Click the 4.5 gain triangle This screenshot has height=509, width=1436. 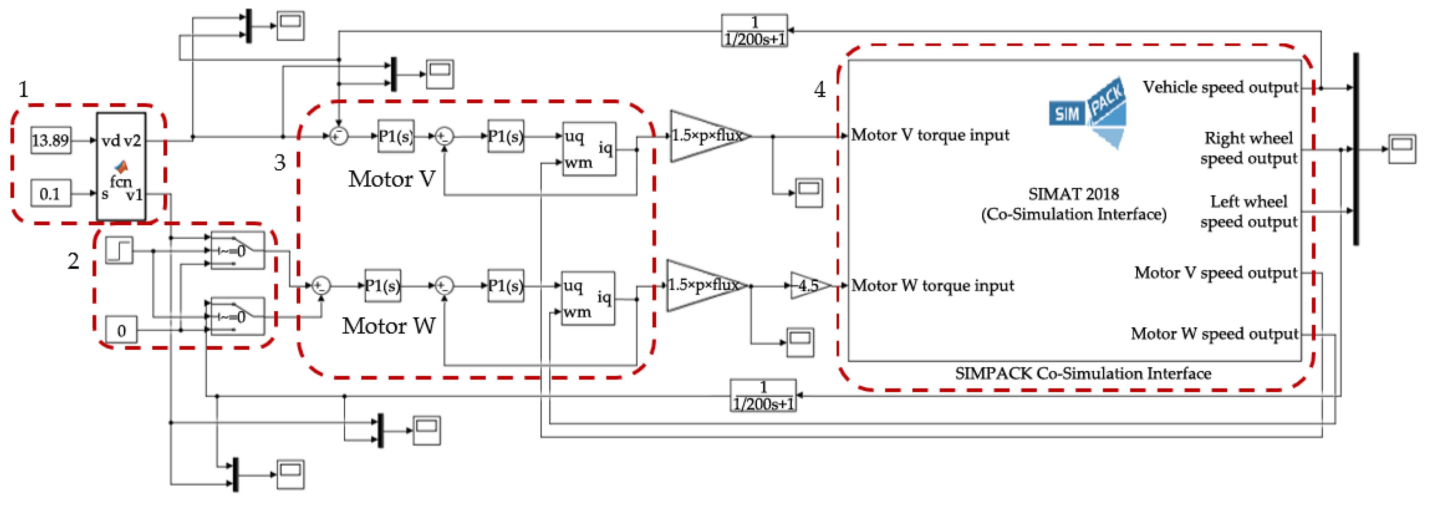click(x=809, y=285)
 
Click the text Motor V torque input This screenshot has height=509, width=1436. click(x=930, y=135)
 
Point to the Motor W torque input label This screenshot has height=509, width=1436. click(x=932, y=285)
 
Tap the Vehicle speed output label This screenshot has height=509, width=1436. click(x=1220, y=88)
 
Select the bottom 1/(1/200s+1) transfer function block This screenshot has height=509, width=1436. click(x=762, y=396)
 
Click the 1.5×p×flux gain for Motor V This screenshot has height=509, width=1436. click(x=706, y=135)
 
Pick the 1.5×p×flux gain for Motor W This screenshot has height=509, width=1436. click(x=703, y=285)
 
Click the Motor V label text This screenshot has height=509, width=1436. click(x=391, y=179)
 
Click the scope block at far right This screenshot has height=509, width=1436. click(x=1401, y=149)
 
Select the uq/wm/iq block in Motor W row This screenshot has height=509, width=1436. click(x=588, y=298)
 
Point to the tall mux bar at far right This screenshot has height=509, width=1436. click(x=1356, y=149)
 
